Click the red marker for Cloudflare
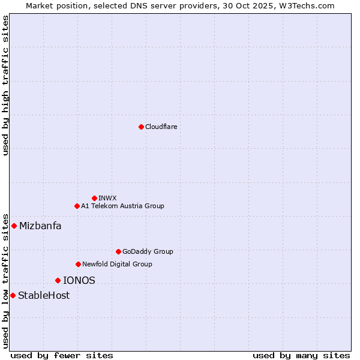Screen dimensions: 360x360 [x=141, y=127]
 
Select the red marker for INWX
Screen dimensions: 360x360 [x=94, y=198]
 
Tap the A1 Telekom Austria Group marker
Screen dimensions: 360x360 [x=77, y=206]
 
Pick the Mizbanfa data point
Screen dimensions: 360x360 [x=14, y=226]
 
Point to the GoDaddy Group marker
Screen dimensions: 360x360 [x=118, y=251]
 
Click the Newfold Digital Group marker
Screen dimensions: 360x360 [x=78, y=264]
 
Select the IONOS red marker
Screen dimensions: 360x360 [x=58, y=280]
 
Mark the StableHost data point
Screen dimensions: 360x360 [x=13, y=295]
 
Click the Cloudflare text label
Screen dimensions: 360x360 [x=161, y=127]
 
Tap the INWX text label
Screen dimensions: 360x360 [x=107, y=198]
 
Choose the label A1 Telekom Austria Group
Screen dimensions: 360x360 [x=122, y=206]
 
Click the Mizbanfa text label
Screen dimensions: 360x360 [x=40, y=226]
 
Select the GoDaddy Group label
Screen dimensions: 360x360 [x=148, y=251]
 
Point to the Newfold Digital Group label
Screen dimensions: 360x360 [x=117, y=264]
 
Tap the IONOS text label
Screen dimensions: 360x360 [x=79, y=280]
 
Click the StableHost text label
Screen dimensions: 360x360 [x=44, y=295]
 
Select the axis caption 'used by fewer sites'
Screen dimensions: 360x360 [x=62, y=355]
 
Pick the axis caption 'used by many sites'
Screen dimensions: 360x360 [x=301, y=355]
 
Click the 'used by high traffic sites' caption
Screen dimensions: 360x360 [x=5, y=85]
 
